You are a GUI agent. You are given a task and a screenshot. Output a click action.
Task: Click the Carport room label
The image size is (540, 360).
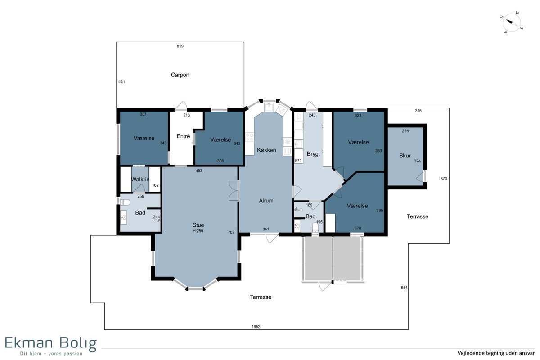click(x=180, y=75)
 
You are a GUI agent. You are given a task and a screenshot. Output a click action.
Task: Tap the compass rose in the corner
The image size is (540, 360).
click(x=512, y=22)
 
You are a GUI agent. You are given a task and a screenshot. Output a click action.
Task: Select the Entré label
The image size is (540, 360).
click(x=183, y=136)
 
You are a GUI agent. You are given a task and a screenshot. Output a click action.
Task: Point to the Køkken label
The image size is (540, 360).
click(x=266, y=150)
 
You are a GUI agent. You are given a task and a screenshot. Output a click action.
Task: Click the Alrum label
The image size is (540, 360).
click(x=266, y=201)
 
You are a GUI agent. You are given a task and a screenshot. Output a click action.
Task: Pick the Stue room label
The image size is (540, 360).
click(x=198, y=225)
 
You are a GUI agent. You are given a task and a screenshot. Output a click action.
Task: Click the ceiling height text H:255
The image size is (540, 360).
click(x=198, y=231)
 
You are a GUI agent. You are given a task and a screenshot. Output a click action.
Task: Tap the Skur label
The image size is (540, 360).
click(x=405, y=156)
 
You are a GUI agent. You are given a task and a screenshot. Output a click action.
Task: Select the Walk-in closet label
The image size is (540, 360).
click(x=140, y=180)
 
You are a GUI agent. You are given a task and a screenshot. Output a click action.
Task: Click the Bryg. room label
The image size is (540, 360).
click(x=313, y=154)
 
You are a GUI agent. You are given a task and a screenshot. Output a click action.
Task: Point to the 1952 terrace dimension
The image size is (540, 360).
click(x=256, y=327)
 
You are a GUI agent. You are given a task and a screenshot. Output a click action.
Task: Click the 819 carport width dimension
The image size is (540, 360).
click(x=180, y=46)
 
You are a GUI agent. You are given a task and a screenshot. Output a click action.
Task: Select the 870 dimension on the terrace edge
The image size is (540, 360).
click(x=444, y=179)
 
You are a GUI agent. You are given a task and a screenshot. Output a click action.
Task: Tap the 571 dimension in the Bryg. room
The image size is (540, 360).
click(x=298, y=161)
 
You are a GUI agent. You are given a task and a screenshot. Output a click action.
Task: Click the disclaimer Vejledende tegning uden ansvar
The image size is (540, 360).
click(x=496, y=353)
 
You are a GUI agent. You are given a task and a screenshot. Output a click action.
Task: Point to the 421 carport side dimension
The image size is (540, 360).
click(x=122, y=82)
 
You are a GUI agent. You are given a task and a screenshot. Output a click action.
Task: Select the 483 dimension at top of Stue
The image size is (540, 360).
click(x=199, y=171)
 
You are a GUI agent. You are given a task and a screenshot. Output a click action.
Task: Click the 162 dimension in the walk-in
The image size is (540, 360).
click(x=156, y=185)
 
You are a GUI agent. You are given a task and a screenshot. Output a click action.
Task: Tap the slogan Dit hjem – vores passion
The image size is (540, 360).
click(x=51, y=354)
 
